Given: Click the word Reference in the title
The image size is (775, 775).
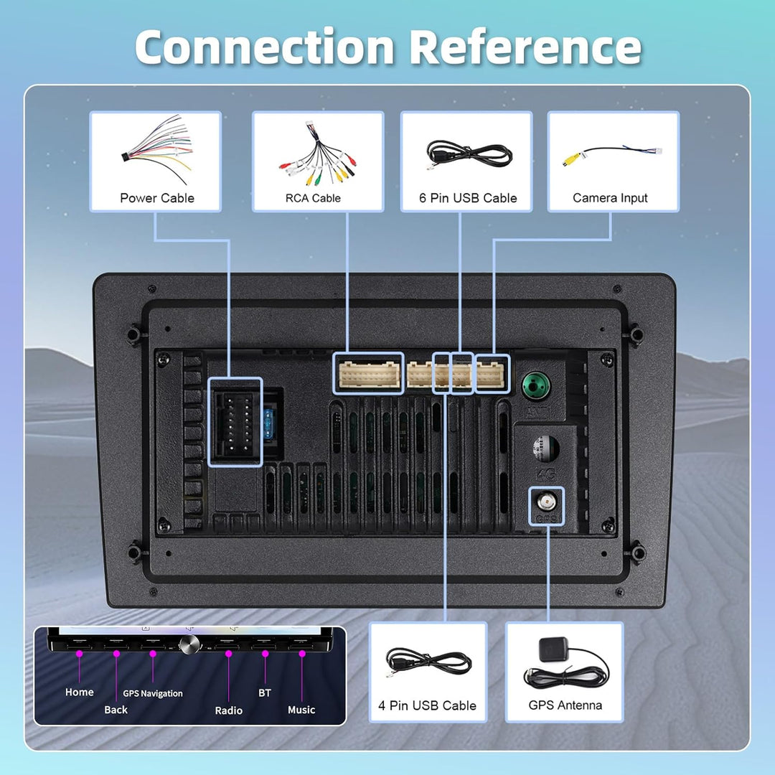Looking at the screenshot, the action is tap(525, 47).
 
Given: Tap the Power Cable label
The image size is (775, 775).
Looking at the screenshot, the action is tap(157, 198).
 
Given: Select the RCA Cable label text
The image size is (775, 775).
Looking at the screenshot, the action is tap(313, 198).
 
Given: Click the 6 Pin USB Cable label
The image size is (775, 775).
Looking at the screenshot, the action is tap(468, 198).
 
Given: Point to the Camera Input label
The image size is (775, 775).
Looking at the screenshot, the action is tap(610, 198).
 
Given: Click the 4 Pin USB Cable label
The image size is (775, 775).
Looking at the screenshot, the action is tap(427, 705).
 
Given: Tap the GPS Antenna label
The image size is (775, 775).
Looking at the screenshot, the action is tap(565, 705).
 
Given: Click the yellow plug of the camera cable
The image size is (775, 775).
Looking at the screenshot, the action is tap(571, 159).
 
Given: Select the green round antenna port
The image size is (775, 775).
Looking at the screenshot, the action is tap(536, 385).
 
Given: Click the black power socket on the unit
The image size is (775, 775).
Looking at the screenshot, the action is tap(235, 422).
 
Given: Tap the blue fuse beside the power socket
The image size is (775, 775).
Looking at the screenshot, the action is tap(269, 423).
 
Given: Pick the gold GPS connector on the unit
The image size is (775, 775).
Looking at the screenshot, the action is tap(546, 502).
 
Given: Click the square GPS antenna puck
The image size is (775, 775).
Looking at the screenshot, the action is tap(553, 649).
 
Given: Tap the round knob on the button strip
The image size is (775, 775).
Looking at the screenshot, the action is tap(189, 644).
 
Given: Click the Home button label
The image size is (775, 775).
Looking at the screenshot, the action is tap(79, 692).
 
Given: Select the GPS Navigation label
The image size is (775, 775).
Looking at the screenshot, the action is tap(153, 693).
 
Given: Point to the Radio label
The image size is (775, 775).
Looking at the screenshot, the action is tap(228, 710).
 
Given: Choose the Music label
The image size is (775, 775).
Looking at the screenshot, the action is tap(301, 710).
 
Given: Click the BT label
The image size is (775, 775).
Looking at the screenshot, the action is tap(265, 693).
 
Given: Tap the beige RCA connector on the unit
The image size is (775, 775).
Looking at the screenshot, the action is tap(369, 374).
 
